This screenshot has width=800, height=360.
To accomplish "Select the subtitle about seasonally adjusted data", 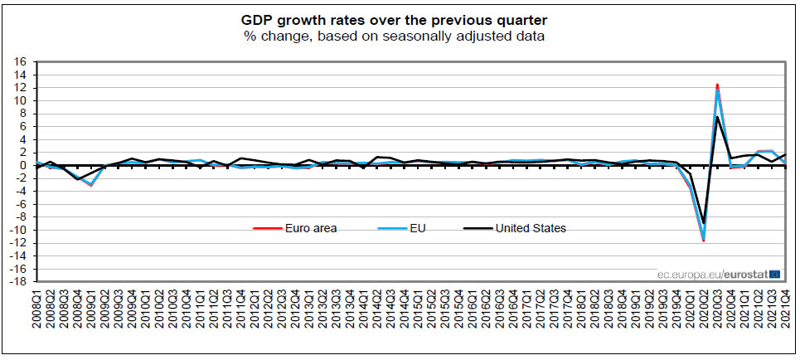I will pyautogui.click(x=400, y=36).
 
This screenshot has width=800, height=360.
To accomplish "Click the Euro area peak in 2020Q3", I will pyautogui.click(x=717, y=84).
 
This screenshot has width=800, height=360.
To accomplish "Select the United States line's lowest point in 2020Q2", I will pyautogui.click(x=704, y=223).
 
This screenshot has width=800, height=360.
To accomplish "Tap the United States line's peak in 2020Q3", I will pyautogui.click(x=717, y=117).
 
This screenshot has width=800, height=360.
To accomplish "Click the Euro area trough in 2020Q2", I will pyautogui.click(x=704, y=241).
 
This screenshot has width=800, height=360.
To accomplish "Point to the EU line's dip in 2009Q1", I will pyautogui.click(x=90, y=184).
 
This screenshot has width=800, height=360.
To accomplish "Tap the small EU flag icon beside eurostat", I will pyautogui.click(x=774, y=273).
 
